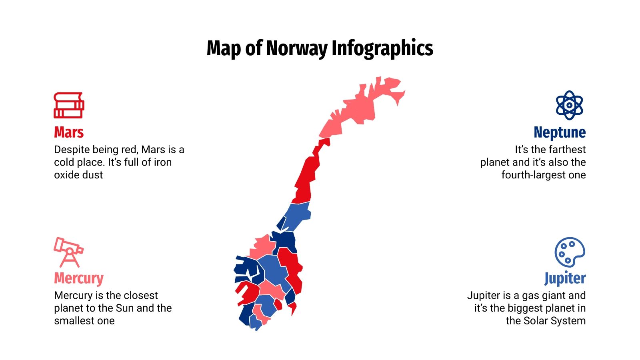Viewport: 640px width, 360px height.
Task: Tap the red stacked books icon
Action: coord(69,105)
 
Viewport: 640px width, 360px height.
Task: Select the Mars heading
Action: coord(69,132)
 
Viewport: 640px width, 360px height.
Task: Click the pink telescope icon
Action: coord(68,252)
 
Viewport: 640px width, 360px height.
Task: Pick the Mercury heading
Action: coord(79,278)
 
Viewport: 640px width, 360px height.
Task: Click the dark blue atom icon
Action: coord(569,105)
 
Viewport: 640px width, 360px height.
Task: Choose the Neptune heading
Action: coord(560,132)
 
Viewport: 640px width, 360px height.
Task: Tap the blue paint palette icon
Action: coord(570,252)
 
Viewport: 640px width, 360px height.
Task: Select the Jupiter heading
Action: coord(565,278)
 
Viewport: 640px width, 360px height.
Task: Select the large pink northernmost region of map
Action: coord(360,108)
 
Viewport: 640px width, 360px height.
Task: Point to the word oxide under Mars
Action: coord(66,175)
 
